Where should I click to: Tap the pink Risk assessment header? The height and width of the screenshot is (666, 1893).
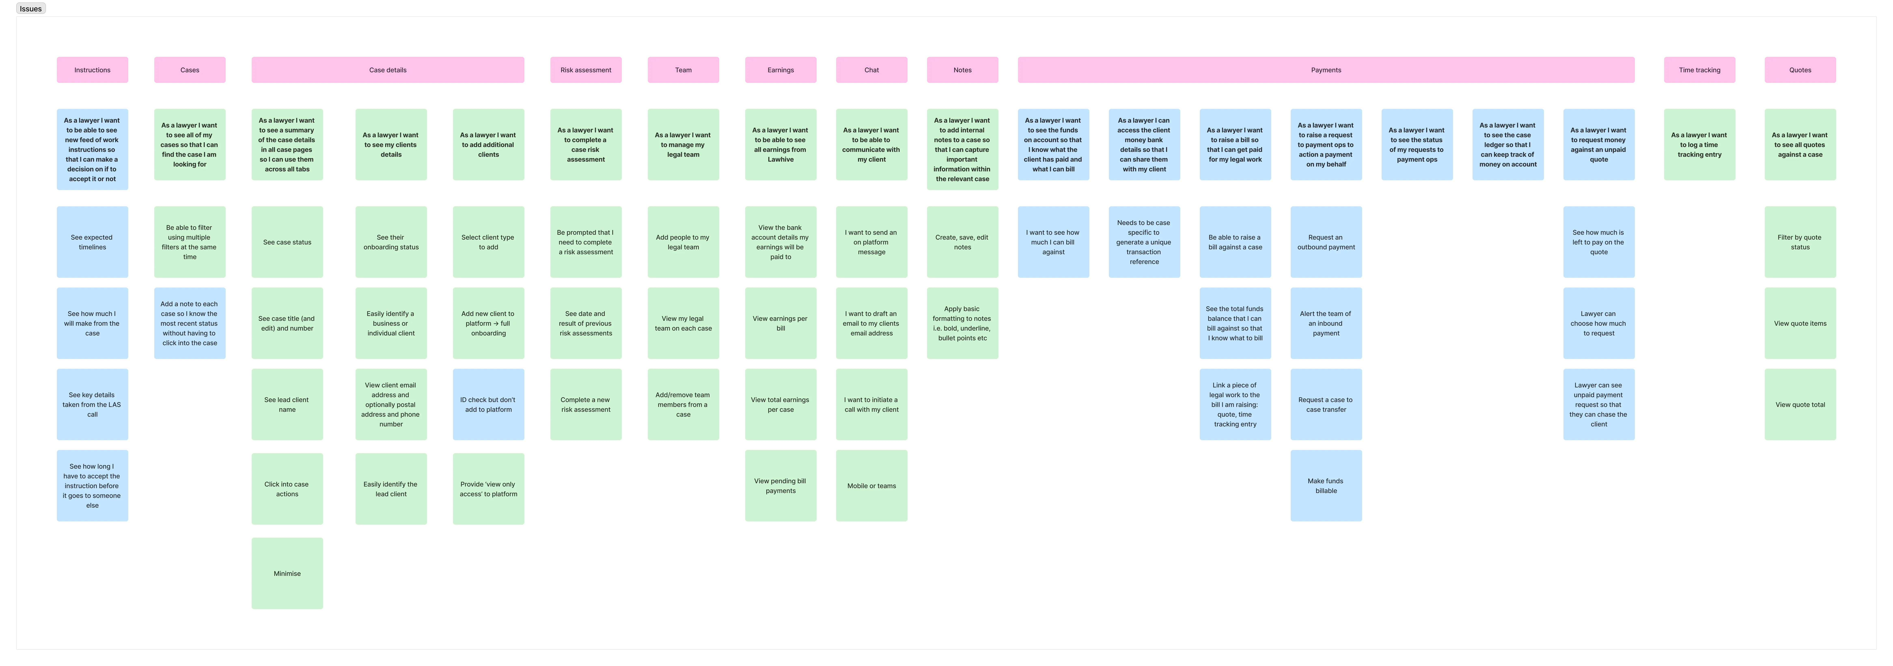coord(586,70)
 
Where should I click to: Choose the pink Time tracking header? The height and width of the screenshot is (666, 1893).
coord(1699,70)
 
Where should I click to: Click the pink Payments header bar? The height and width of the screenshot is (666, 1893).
coord(1326,70)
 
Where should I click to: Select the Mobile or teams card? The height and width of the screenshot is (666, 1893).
coord(872,486)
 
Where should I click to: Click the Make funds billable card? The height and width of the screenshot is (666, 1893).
coord(1326,486)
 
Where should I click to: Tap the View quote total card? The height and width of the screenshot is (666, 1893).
coord(1800,404)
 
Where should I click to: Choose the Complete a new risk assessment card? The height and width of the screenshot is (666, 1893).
coord(586,404)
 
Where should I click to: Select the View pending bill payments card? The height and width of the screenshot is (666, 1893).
coord(780,486)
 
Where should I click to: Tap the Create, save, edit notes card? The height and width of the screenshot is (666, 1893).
coord(962,242)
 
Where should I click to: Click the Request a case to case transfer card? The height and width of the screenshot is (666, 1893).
coord(1326,404)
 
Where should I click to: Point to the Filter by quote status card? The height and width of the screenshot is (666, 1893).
coord(1800,242)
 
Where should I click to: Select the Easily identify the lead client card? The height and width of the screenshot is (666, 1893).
coord(391,489)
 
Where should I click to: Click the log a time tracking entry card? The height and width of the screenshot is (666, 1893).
coord(1699,145)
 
